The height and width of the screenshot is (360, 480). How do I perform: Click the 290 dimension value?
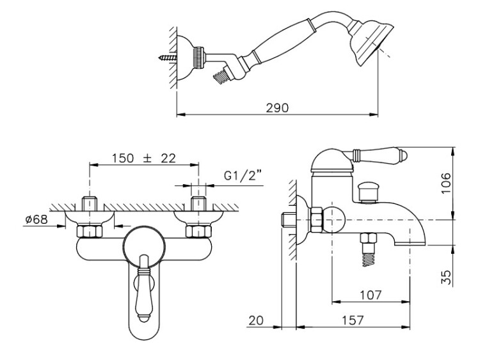(x=277, y=107)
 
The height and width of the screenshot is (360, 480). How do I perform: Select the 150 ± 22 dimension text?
(x=143, y=158)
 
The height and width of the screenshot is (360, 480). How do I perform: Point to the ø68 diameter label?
(x=36, y=219)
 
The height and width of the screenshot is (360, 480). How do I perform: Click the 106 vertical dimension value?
(x=445, y=183)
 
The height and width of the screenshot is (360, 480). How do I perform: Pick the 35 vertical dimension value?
(x=446, y=278)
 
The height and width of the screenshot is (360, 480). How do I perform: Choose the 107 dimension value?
(x=371, y=295)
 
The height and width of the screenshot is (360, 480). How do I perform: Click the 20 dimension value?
(x=256, y=320)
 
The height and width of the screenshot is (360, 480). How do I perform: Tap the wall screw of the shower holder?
(x=168, y=57)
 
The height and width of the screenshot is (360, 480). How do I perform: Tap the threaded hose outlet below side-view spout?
(x=369, y=249)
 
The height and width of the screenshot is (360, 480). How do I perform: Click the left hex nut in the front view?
(x=89, y=231)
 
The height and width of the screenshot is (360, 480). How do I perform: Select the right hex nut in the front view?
(x=198, y=231)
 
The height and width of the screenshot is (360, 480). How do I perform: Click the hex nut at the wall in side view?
(x=316, y=220)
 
